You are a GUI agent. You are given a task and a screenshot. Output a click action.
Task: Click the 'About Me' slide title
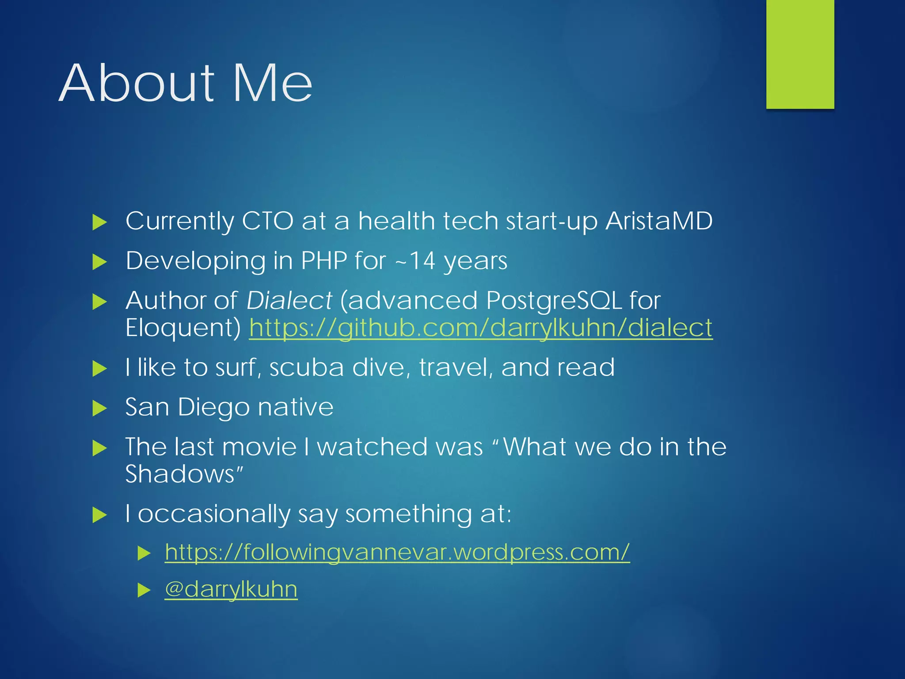click(x=186, y=83)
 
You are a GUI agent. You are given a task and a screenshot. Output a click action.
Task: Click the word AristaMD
click(x=659, y=221)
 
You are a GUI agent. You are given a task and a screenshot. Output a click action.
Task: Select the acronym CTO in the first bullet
click(x=267, y=221)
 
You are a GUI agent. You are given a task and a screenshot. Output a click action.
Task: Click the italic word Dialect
click(x=289, y=301)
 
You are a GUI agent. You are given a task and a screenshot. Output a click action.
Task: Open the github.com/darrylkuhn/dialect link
click(x=481, y=328)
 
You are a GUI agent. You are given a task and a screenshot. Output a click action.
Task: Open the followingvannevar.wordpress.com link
click(x=397, y=552)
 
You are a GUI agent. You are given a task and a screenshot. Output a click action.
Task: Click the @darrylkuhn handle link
click(x=231, y=590)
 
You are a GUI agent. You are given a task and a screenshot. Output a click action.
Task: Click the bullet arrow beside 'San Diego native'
click(x=100, y=408)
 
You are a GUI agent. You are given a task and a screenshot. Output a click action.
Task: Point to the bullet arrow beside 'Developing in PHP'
click(x=100, y=262)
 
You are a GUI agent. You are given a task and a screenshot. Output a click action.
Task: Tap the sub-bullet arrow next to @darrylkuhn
click(x=144, y=590)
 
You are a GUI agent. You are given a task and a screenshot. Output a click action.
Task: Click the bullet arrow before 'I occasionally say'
click(x=100, y=515)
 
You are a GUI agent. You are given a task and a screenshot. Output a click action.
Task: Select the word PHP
click(x=323, y=261)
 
